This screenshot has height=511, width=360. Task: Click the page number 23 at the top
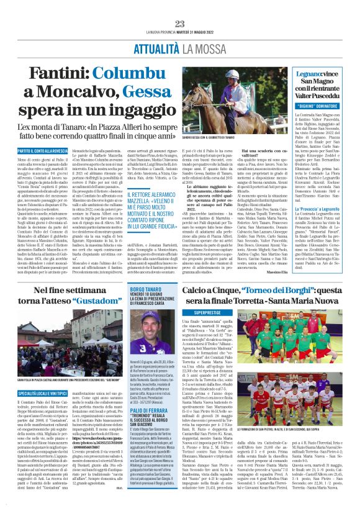tap(179, 6)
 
